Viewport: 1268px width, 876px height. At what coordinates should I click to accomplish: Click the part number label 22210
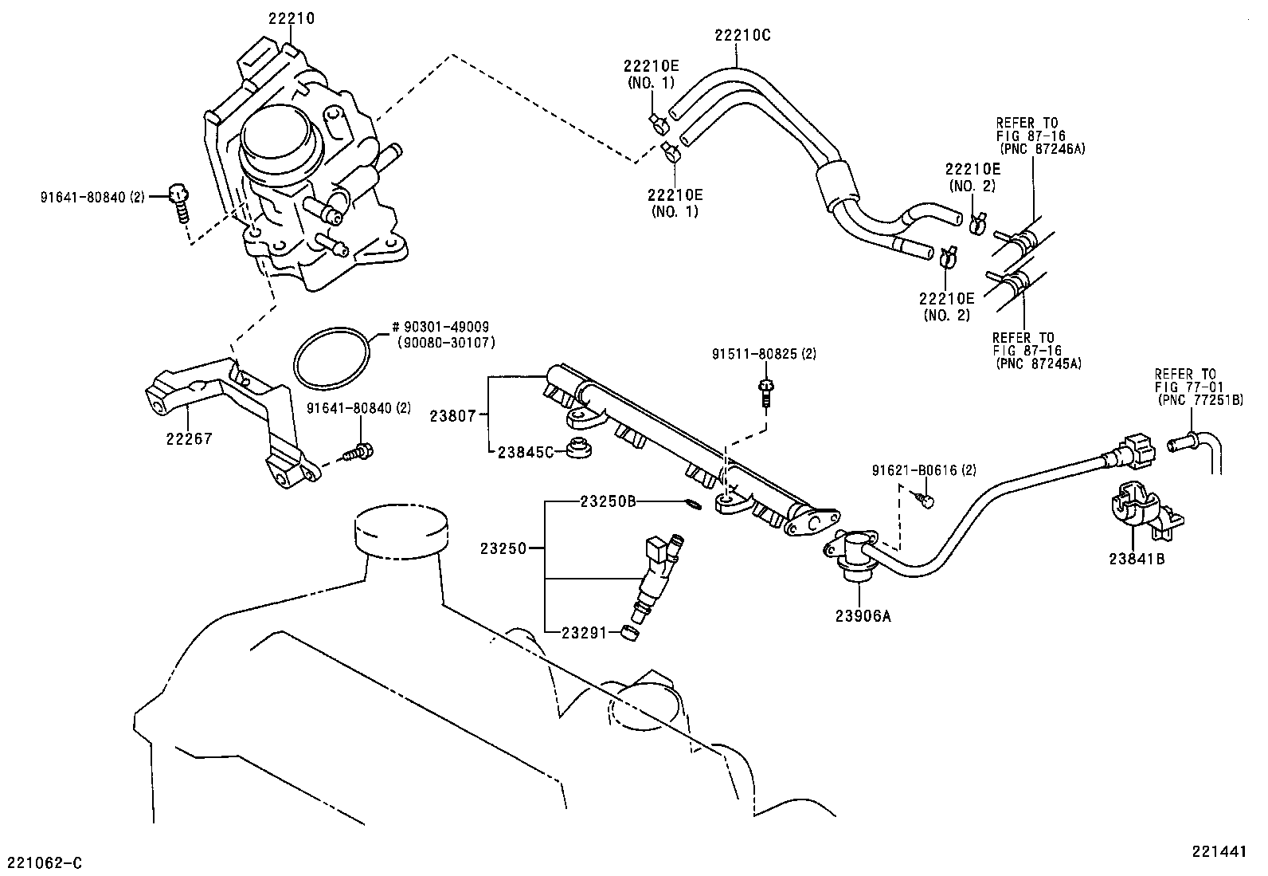[x=291, y=18]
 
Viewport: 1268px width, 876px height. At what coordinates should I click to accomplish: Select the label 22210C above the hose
[x=742, y=35]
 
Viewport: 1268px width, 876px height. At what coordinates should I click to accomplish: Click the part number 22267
[x=190, y=438]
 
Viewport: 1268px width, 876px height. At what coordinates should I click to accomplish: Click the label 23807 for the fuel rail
[x=452, y=415]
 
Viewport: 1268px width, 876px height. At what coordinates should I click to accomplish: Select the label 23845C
[x=525, y=452]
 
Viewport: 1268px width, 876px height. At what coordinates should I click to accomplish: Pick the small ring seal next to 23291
[x=631, y=634]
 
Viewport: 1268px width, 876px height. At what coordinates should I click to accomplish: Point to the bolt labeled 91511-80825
[x=765, y=391]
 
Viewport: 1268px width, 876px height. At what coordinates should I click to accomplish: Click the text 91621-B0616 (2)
[x=924, y=469]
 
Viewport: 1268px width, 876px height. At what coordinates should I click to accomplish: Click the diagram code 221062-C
[x=45, y=862]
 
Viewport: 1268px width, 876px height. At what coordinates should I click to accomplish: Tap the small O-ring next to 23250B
[x=693, y=503]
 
